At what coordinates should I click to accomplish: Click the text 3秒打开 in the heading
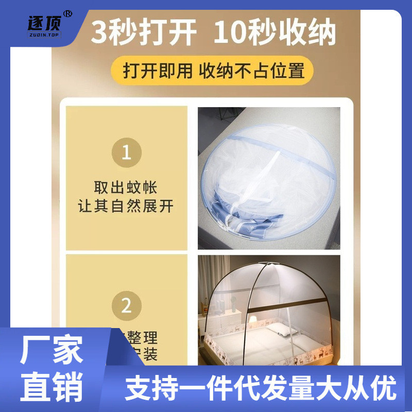144,32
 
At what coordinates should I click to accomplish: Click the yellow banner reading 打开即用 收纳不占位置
213,70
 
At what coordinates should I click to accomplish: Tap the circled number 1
126,152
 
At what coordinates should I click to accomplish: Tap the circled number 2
126,306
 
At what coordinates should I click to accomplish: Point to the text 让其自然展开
126,207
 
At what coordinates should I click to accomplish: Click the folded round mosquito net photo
269,178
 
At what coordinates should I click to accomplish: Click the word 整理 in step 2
142,338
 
